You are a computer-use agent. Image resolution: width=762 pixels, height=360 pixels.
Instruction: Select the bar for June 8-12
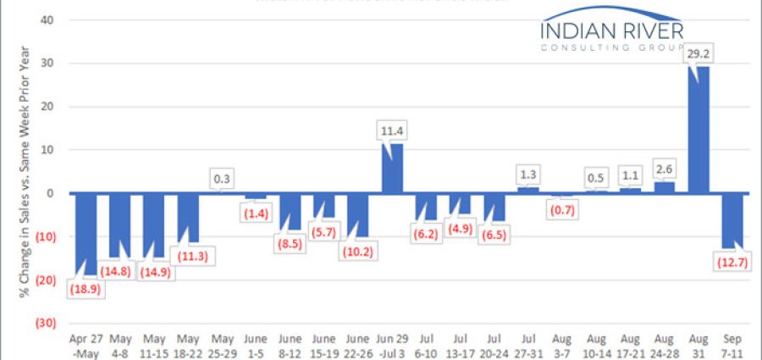(291, 212)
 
